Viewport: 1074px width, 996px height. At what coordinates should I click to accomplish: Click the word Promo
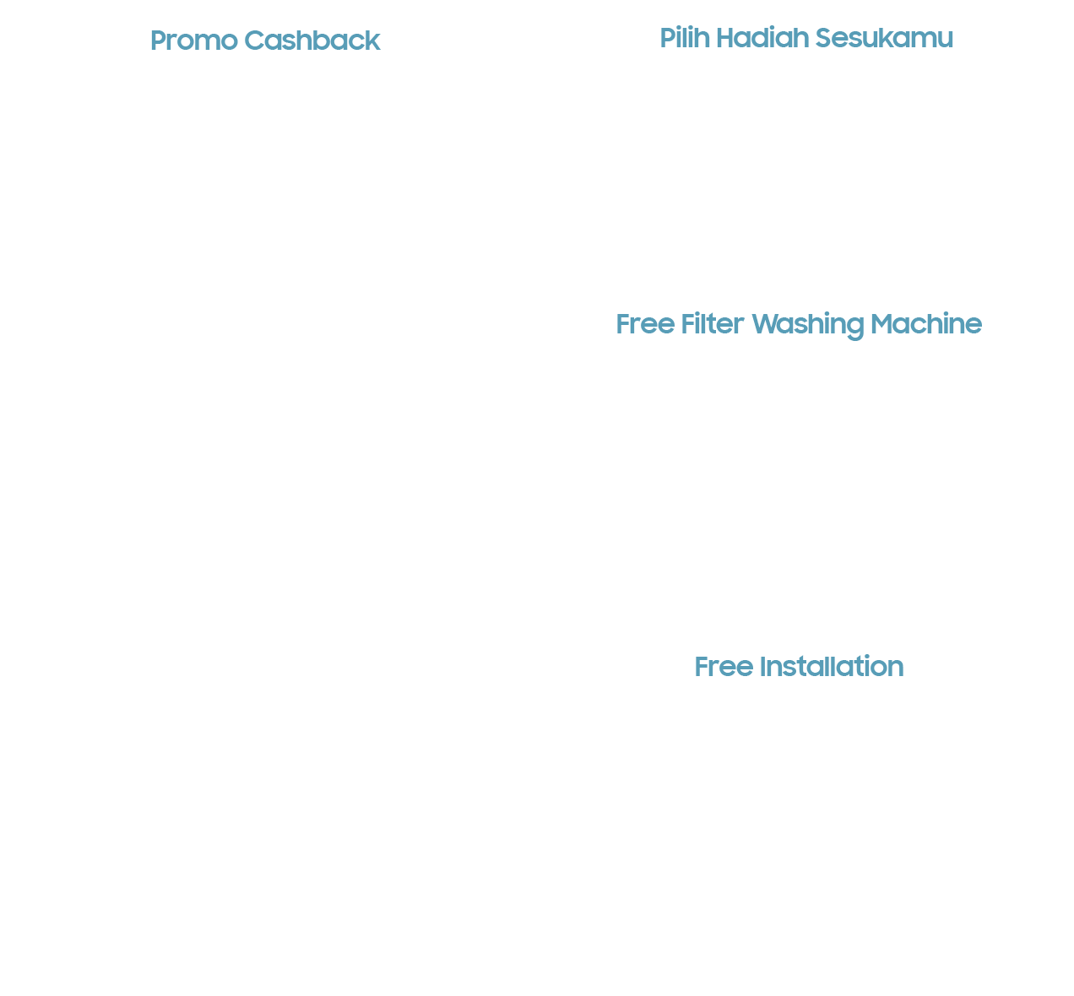point(194,41)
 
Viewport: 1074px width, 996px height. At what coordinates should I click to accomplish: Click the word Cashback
point(312,41)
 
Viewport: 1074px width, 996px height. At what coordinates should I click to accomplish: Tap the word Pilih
point(685,38)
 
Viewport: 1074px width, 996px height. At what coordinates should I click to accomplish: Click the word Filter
point(713,324)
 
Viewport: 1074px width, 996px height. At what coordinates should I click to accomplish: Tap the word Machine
point(926,324)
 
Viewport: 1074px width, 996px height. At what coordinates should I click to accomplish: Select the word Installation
point(831,667)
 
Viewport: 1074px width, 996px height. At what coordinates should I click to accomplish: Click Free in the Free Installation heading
point(724,667)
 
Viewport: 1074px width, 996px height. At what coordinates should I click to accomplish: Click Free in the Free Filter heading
point(645,324)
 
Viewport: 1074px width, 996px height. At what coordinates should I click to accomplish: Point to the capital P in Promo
point(159,41)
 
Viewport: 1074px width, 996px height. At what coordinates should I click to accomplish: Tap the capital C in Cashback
point(255,41)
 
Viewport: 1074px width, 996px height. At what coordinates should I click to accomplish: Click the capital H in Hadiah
point(726,38)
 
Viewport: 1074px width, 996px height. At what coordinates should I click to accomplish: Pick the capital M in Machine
point(882,324)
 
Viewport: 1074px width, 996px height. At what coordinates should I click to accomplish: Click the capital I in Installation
point(762,667)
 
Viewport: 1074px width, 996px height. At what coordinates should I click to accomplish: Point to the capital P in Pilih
point(669,38)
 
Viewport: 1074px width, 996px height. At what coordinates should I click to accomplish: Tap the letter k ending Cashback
point(373,41)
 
